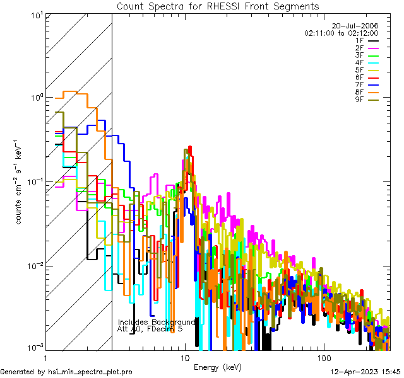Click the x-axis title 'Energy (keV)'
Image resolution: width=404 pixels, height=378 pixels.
pos(218,367)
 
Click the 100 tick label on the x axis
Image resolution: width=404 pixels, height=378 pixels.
pos(323,357)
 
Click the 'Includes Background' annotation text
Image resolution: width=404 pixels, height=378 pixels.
pos(157,322)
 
